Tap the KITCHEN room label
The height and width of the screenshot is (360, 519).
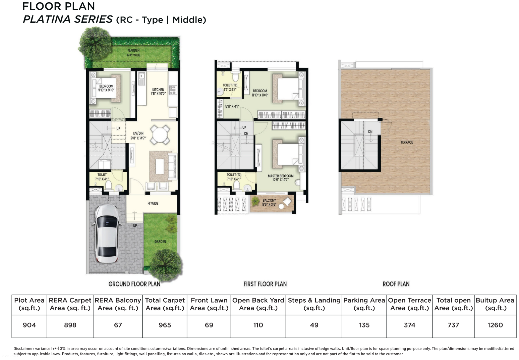click(x=158, y=92)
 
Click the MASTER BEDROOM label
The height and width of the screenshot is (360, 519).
click(x=280, y=177)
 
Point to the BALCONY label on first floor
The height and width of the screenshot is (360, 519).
click(x=269, y=202)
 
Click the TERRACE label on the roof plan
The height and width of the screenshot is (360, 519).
click(x=406, y=142)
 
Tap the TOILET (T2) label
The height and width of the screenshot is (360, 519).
click(x=230, y=87)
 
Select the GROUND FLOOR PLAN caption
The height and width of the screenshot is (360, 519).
click(x=134, y=284)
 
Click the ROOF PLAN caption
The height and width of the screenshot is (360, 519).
click(x=396, y=284)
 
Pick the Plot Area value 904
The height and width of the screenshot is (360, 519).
click(x=29, y=325)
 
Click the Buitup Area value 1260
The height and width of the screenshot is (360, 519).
click(x=495, y=325)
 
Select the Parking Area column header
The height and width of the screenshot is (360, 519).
click(x=364, y=304)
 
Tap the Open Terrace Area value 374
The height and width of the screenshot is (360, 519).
click(x=409, y=325)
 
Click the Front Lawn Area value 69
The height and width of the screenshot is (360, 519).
click(x=209, y=325)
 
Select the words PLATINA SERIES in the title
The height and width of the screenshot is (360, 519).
click(x=68, y=19)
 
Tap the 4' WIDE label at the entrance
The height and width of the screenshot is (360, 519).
click(x=153, y=203)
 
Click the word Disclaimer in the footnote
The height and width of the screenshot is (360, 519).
click(x=23, y=349)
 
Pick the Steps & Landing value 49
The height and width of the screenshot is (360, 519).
click(x=314, y=325)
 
